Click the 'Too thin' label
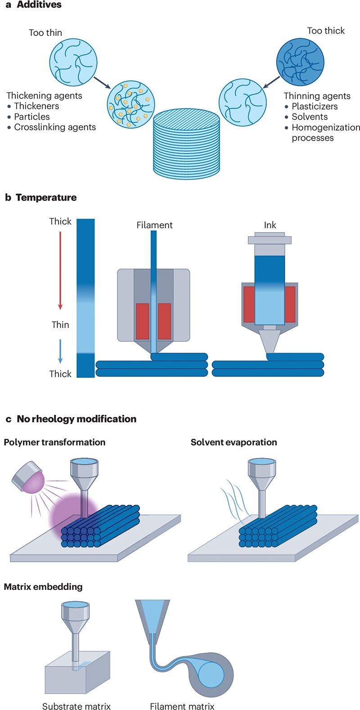click(45, 33)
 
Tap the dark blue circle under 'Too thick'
click(300, 62)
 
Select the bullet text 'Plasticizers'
click(315, 107)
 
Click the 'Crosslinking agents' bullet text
click(55, 127)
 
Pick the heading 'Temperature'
click(46, 198)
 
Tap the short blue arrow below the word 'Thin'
click(60, 351)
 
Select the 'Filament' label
click(154, 225)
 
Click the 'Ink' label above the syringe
click(270, 225)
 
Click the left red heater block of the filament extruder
click(142, 321)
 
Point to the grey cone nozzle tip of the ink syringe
click(270, 342)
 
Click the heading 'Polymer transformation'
click(54, 442)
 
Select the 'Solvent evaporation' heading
click(234, 442)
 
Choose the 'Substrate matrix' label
click(76, 706)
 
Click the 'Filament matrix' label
click(182, 706)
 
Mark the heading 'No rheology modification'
click(76, 419)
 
